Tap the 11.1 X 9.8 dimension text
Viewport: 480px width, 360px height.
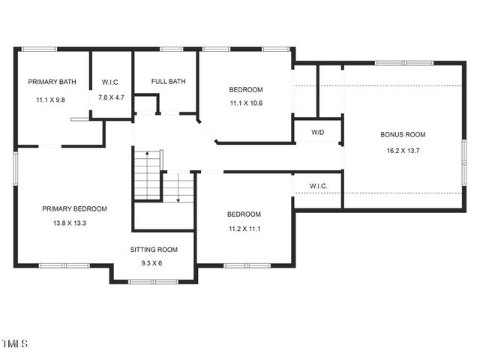coord(50,99)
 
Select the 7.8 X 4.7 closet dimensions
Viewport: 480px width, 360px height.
coord(111,97)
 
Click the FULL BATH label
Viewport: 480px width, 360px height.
coord(168,82)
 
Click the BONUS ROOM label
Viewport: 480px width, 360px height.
coord(403,135)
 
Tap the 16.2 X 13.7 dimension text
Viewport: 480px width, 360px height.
coord(403,150)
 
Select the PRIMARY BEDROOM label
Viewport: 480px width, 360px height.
coord(74,208)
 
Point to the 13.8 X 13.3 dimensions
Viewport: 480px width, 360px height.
coord(74,223)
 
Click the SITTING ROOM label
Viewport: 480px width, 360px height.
coord(154,250)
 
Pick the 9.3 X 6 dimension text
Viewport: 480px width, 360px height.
coord(154,263)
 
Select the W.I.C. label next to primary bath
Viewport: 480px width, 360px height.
coord(111,82)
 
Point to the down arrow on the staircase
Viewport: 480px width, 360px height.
coord(178,199)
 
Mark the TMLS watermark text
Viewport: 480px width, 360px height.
coord(14,344)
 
